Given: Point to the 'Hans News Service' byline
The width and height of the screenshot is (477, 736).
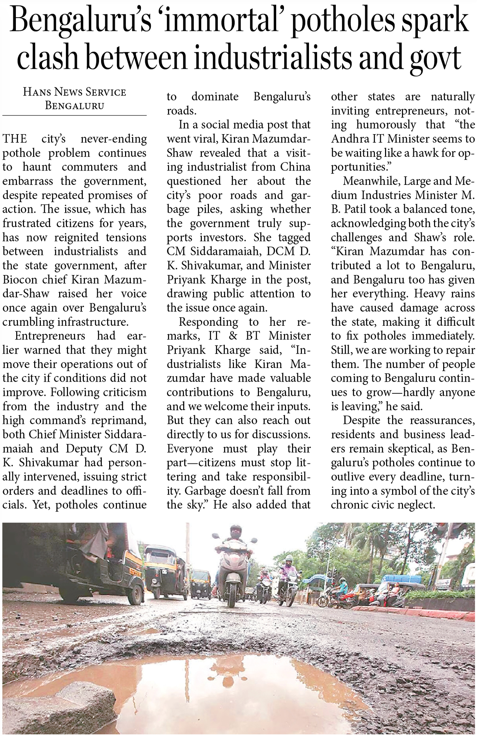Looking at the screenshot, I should pyautogui.click(x=74, y=92).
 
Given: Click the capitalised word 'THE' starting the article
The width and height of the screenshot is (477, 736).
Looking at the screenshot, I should pyautogui.click(x=14, y=139).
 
